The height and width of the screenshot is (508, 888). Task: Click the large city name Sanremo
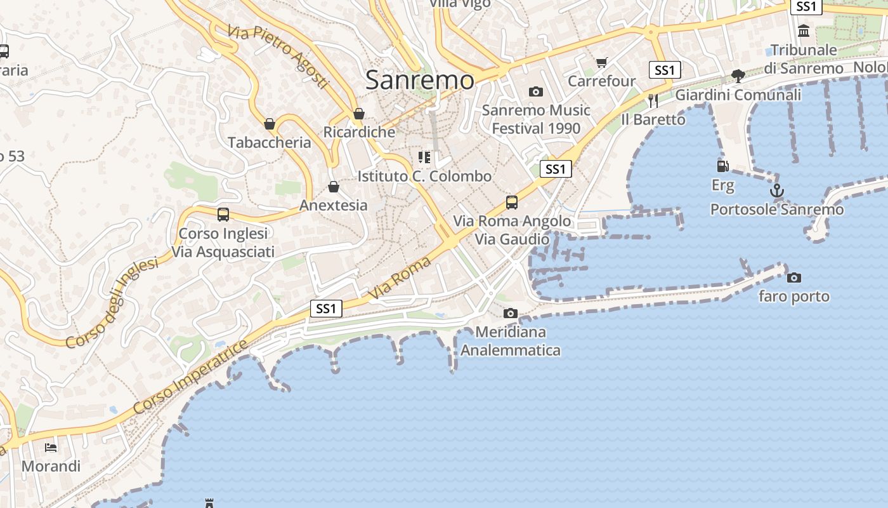[420, 80]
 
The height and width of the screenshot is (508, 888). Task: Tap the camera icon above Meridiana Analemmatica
[510, 313]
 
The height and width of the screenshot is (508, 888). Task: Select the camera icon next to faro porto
[793, 277]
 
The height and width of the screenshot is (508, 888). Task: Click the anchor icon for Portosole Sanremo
[776, 190]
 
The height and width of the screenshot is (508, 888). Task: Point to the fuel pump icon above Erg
[722, 166]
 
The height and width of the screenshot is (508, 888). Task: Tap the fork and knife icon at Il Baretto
[653, 100]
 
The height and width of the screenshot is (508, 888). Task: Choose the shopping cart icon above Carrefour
[601, 62]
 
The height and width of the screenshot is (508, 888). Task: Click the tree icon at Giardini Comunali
[738, 76]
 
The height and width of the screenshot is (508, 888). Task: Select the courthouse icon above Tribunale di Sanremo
[804, 30]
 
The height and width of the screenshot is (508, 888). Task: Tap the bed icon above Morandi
[51, 448]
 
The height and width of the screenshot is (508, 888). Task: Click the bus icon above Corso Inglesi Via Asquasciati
[223, 215]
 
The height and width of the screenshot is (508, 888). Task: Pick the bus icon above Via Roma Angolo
[512, 203]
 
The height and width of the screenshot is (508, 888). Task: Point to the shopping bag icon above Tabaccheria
[270, 123]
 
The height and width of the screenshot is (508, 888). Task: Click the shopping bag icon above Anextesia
[334, 187]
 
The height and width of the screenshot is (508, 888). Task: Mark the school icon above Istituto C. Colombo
[424, 157]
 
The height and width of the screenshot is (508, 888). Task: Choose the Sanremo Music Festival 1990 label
[536, 119]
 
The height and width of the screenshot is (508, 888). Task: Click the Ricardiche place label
[359, 132]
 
